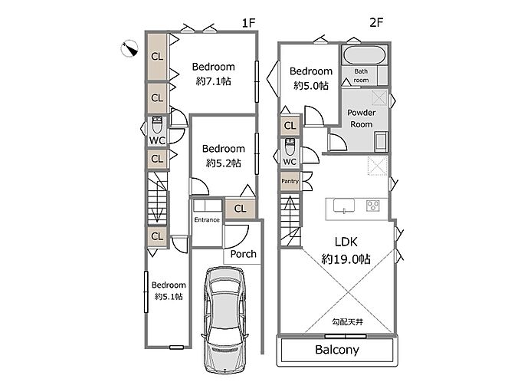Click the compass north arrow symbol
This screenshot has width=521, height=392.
(x=129, y=48)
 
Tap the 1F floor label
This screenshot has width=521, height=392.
(x=248, y=23)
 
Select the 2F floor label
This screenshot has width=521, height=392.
(x=376, y=22)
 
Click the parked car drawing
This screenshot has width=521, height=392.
(x=224, y=319)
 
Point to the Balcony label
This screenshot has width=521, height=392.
(x=337, y=350)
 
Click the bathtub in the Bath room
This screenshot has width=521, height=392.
(x=365, y=55)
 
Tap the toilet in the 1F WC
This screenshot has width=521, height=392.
(x=157, y=124)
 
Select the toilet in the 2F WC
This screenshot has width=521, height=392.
(x=290, y=147)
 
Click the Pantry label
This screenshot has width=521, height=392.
(x=290, y=181)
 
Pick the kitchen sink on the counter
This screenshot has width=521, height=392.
(x=344, y=206)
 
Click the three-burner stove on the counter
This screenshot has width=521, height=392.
(x=373, y=206)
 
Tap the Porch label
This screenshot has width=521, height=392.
(x=243, y=254)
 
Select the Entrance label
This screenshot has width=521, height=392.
(x=207, y=219)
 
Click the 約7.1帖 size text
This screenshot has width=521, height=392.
(x=213, y=81)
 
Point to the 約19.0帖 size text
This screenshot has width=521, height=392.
(x=346, y=259)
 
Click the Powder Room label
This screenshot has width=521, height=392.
(x=361, y=118)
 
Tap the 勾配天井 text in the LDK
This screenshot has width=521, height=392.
(x=347, y=321)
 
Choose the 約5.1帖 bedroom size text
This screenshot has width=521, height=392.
(x=169, y=296)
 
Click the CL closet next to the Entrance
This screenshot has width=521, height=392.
(x=240, y=209)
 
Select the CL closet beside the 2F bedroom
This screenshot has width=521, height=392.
(x=290, y=126)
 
